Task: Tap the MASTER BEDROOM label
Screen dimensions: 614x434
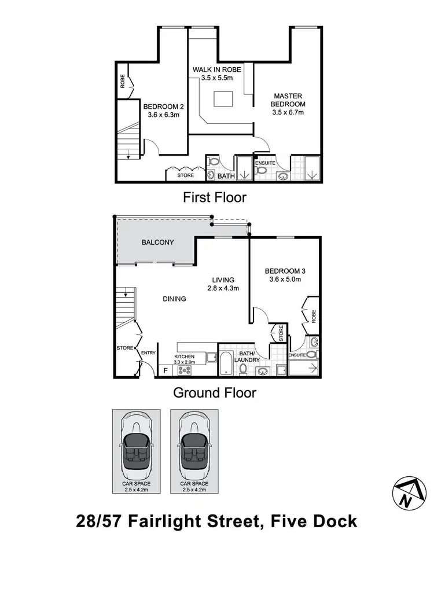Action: pos(288,104)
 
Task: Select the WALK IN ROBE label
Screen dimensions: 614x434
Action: pos(216,73)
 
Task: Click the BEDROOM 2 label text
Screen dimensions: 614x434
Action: pos(163,110)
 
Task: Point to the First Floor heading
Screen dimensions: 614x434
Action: pos(215,197)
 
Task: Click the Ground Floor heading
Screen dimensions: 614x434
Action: pos(215,393)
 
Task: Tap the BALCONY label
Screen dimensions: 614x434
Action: pos(158,242)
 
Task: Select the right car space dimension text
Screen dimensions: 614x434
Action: pos(194,490)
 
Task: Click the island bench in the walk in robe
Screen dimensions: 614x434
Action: pos(223,98)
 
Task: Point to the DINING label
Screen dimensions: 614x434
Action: pos(174,299)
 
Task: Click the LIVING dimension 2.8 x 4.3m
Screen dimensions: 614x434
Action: pos(223,288)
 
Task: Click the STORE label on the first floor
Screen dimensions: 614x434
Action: pos(185,175)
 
